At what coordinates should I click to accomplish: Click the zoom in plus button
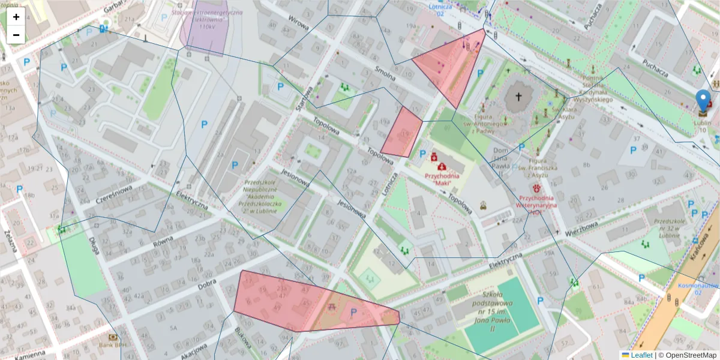point(16,17)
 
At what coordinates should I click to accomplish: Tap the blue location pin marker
point(702,101)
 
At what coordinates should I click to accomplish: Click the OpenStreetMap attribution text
point(687,355)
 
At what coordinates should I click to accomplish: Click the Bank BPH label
point(113,345)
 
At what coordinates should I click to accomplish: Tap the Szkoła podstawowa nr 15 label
point(480,306)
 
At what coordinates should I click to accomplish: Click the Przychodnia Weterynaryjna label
point(538,201)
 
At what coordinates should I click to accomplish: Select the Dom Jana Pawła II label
point(502,158)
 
